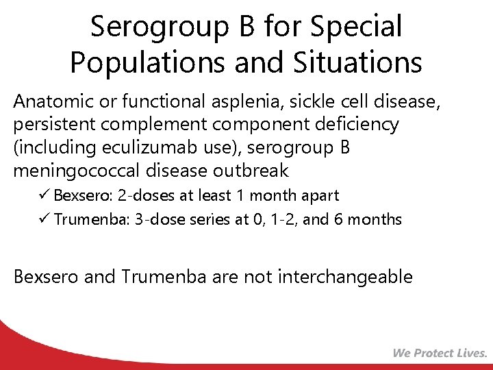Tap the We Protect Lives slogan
440,353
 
